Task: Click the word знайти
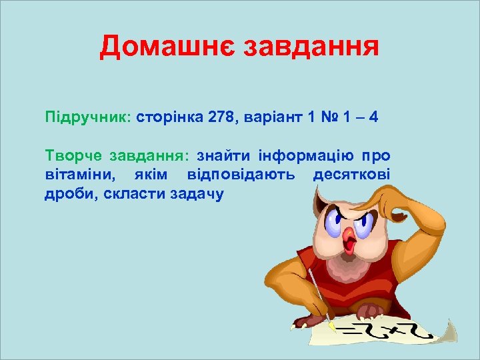point(223,156)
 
